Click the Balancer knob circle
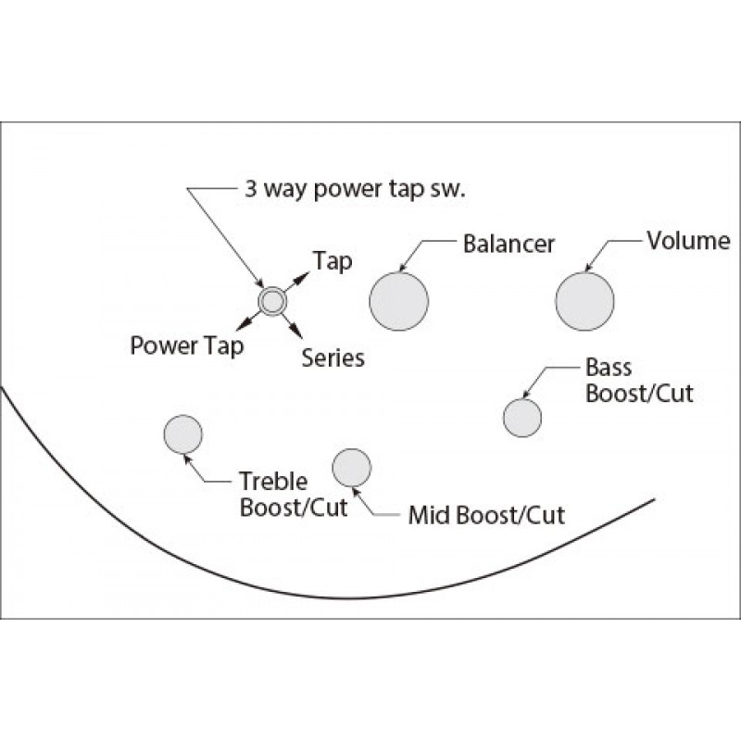pyautogui.click(x=399, y=301)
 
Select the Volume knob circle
pyautogui.click(x=584, y=301)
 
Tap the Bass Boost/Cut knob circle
pyautogui.click(x=522, y=418)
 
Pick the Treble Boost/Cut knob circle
pyautogui.click(x=182, y=433)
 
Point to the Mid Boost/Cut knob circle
pyautogui.click(x=352, y=468)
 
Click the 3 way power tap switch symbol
pyautogui.click(x=272, y=301)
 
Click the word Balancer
pyautogui.click(x=509, y=244)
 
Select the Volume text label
pyautogui.click(x=688, y=241)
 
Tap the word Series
pyautogui.click(x=333, y=358)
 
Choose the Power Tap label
pyautogui.click(x=187, y=345)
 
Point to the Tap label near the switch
pyautogui.click(x=333, y=261)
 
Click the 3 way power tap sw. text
pyautogui.click(x=355, y=189)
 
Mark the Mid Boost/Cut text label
pyautogui.click(x=486, y=515)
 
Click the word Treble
pyautogui.click(x=273, y=482)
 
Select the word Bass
pyautogui.click(x=609, y=367)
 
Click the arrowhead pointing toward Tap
pyautogui.click(x=303, y=277)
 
